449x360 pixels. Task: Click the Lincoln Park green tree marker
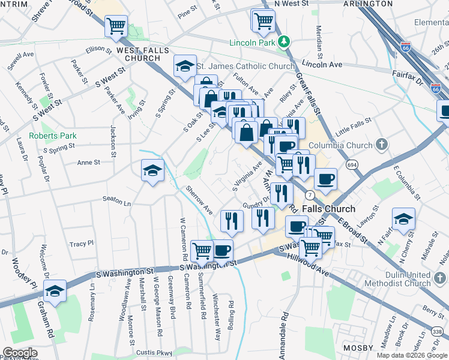[x=286, y=42]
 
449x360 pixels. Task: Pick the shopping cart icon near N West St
[x=264, y=20]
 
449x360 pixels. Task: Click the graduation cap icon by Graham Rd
[x=55, y=290]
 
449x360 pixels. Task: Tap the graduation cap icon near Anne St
[x=152, y=171]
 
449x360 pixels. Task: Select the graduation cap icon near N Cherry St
[x=403, y=219]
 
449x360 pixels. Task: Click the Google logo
[x=20, y=353]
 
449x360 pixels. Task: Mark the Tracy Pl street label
[x=82, y=244]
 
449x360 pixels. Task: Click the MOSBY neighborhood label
[x=359, y=348]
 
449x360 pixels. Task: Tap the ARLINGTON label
[x=368, y=4]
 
